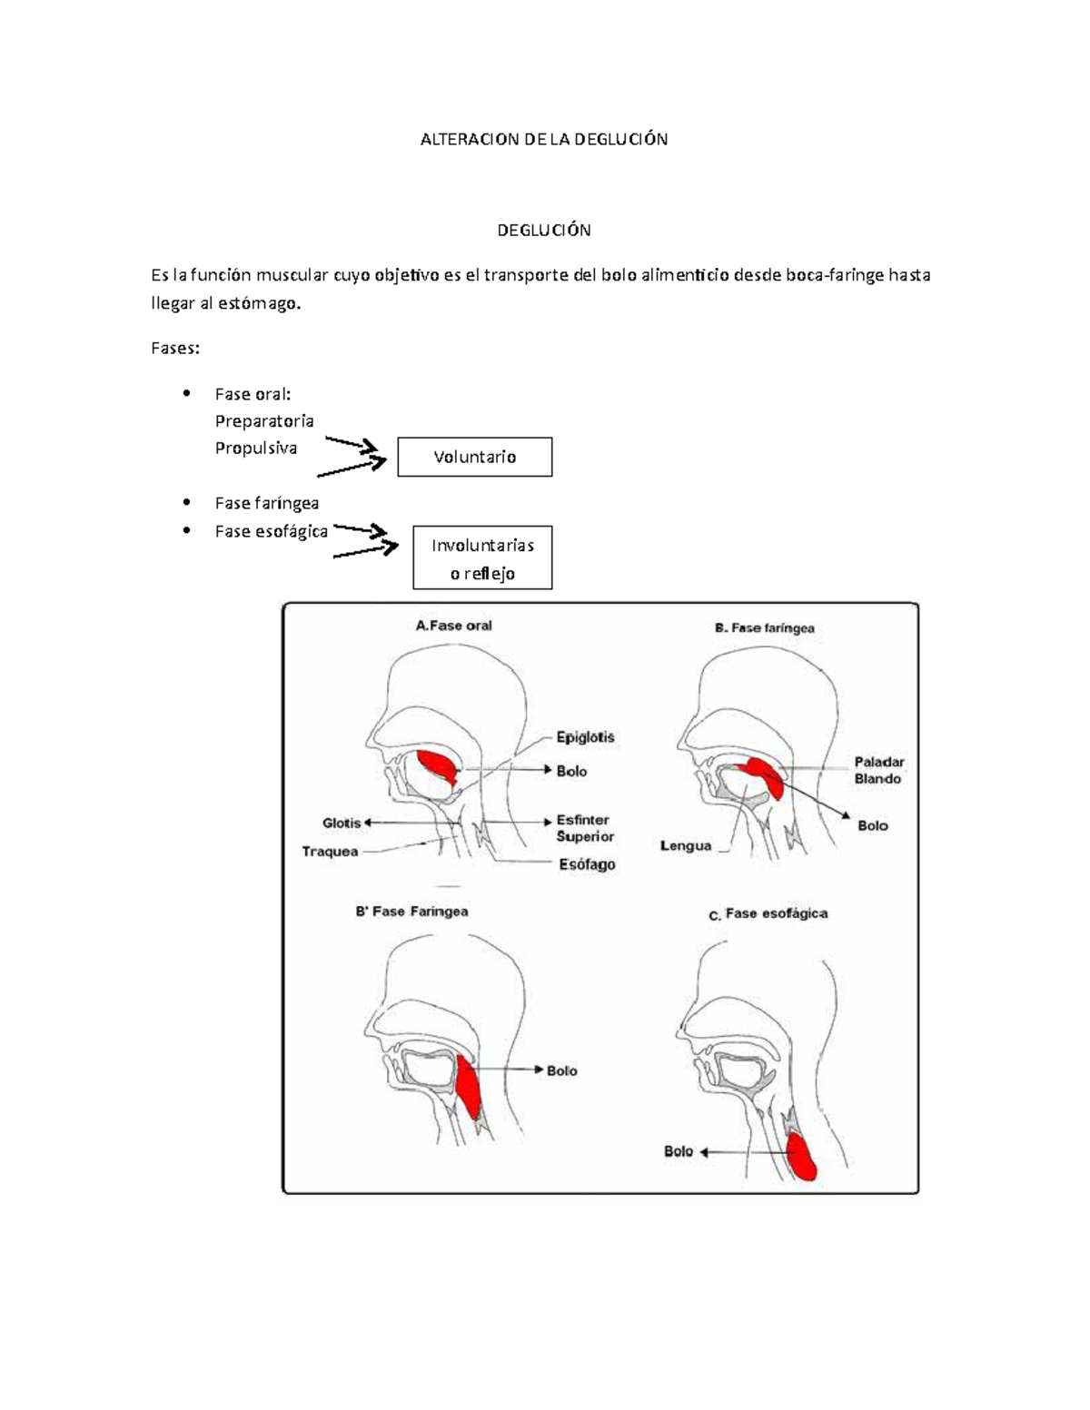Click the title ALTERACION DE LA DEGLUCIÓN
coord(543,139)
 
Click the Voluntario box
coord(474,457)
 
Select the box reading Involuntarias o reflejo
coord(482,558)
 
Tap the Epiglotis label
coord(586,737)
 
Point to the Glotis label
coord(342,823)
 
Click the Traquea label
coord(330,852)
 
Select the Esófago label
coord(587,864)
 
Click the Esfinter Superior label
coord(585,828)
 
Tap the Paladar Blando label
coord(878,770)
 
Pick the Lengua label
coord(686,846)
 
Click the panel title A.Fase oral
coord(453,626)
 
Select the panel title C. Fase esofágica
coord(768,914)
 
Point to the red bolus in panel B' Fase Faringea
coord(469,1089)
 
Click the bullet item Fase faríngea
coord(266,503)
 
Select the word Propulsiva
coord(255,448)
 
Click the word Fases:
coord(174,349)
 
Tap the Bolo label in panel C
coord(679,1151)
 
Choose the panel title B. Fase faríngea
coord(764,627)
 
